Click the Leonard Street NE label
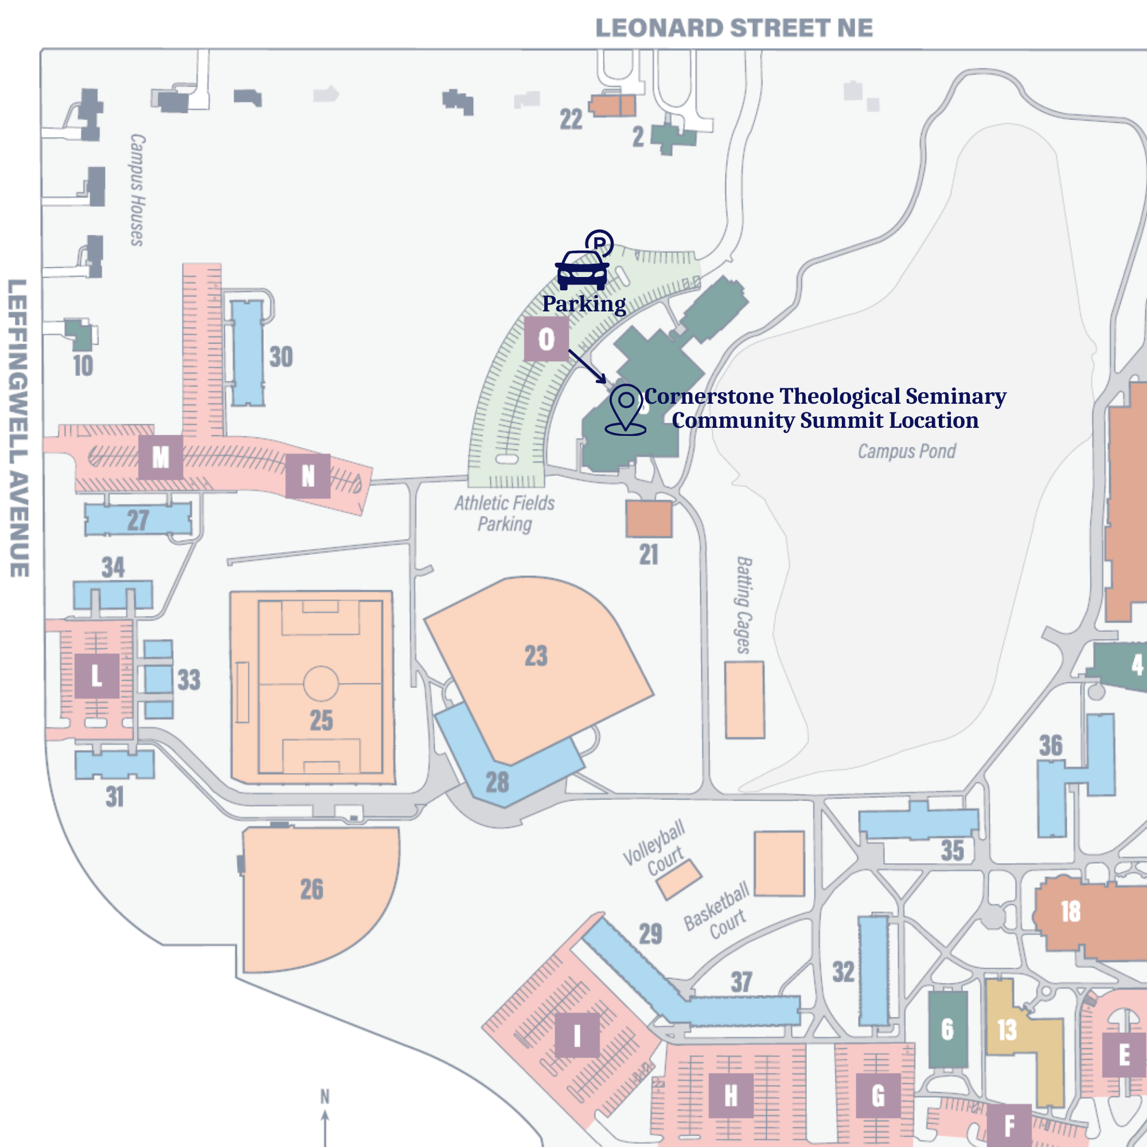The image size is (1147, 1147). [734, 28]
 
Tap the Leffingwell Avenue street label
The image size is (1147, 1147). [18, 427]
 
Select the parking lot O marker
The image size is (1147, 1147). [546, 339]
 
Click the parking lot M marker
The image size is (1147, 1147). [161, 457]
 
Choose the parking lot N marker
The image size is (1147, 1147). [307, 475]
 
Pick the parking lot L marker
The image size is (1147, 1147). [97, 676]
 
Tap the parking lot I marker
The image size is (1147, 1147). [576, 1036]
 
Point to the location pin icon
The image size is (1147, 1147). [626, 409]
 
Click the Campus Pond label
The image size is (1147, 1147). [906, 451]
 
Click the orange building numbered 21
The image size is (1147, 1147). [648, 519]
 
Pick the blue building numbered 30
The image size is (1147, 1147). [247, 353]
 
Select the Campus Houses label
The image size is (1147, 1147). [137, 190]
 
